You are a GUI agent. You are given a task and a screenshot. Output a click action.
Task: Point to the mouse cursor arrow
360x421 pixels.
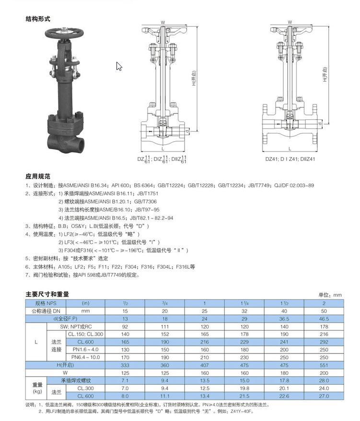119,67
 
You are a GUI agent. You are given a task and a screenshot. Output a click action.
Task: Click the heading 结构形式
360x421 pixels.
38,19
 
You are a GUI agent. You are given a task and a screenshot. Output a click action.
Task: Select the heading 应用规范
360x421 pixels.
38,176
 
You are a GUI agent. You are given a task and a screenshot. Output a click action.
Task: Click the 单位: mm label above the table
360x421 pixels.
330,295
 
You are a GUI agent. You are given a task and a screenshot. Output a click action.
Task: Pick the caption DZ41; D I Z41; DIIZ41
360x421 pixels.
290,159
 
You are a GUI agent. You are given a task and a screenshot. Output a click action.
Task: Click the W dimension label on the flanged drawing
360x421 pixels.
290,22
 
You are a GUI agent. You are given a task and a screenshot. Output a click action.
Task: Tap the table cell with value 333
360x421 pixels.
126,364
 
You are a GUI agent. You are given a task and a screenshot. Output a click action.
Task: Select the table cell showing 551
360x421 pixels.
324,364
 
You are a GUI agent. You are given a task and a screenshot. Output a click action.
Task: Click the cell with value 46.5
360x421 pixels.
324,318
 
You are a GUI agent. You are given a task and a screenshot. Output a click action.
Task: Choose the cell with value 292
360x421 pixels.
324,341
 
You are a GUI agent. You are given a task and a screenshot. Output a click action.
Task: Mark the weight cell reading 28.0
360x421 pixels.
324,380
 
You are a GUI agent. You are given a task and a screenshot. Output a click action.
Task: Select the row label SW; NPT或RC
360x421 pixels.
76,326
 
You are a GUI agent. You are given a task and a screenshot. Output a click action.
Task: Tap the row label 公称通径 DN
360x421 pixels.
46,310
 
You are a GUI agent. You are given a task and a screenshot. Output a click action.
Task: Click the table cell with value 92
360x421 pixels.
126,326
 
